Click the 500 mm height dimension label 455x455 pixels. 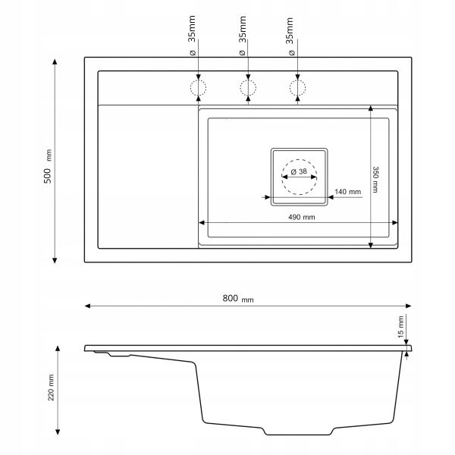(x=48, y=166)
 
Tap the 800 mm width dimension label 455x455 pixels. (x=238, y=298)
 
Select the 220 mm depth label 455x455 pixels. (x=51, y=388)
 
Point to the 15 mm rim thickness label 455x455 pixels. (x=400, y=327)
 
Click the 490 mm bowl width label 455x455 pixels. (x=302, y=217)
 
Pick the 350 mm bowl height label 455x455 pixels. (x=375, y=179)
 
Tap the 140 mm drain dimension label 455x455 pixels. (x=347, y=192)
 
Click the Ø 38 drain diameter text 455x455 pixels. (x=299, y=171)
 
